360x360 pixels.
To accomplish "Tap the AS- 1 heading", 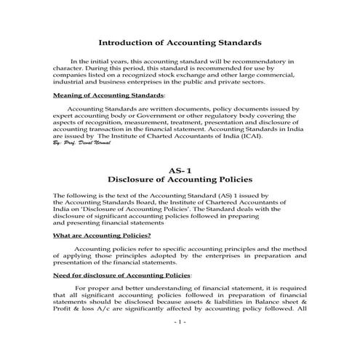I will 180,170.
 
